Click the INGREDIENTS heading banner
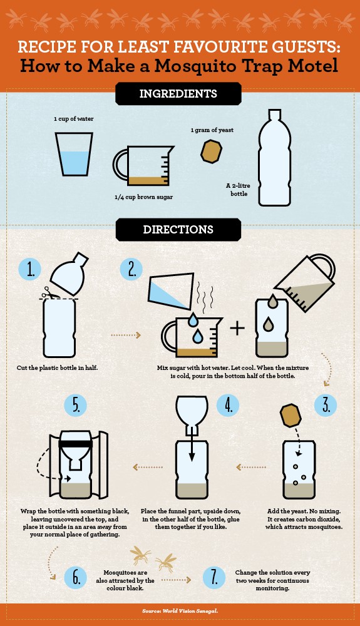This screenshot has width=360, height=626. pos(178,94)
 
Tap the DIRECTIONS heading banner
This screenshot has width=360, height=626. pos(178,230)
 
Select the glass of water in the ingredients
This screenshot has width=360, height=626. pos(74,154)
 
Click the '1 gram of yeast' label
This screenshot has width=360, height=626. pos(212,130)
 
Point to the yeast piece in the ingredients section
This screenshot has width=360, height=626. pos(211,151)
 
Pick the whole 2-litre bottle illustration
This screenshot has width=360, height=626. pos(274,158)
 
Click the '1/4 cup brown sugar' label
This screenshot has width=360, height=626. pos(143,197)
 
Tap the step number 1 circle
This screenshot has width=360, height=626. pos(30,269)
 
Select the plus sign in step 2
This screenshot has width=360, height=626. pos(237,328)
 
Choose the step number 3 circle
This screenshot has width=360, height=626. pos(326,405)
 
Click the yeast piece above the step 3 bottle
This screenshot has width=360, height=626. pos(291,415)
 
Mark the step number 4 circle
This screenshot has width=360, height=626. pos(228,405)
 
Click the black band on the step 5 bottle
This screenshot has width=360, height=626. pos(75,444)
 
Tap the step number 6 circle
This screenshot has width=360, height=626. pos(75,577)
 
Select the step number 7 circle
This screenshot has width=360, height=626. pos(214,577)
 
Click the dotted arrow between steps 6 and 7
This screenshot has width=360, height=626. pos(176,580)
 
